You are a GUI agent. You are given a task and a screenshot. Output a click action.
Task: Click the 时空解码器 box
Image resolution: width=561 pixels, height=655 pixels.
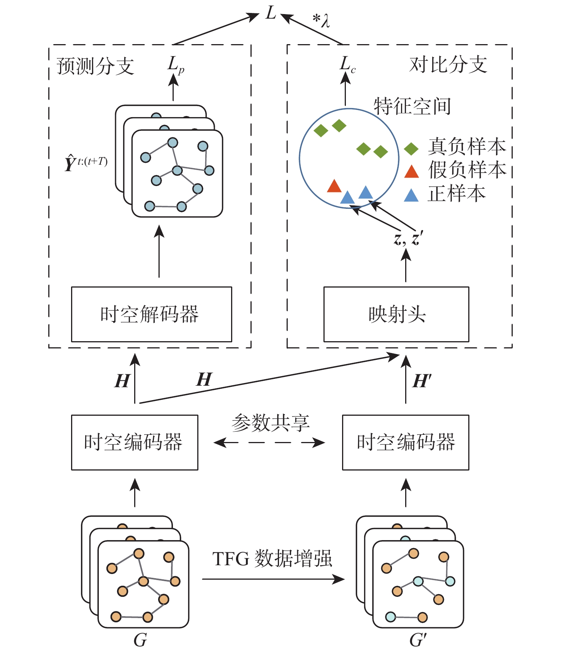[x=151, y=314]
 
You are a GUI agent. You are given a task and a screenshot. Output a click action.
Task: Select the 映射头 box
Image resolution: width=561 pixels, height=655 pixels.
[x=396, y=314]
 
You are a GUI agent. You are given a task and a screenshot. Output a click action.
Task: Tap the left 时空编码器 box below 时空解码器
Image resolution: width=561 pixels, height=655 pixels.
[x=135, y=442]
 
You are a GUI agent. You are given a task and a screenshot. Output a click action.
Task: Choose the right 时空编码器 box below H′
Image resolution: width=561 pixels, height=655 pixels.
[x=406, y=442]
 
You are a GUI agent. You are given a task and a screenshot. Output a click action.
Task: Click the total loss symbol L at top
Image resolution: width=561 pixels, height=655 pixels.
[x=271, y=14]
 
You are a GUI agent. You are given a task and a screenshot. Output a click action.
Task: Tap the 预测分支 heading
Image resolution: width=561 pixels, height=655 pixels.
[x=95, y=66]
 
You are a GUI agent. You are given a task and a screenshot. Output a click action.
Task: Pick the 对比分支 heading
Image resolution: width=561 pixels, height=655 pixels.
[x=448, y=65]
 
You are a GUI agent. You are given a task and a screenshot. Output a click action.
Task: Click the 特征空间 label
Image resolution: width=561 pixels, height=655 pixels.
[x=412, y=106]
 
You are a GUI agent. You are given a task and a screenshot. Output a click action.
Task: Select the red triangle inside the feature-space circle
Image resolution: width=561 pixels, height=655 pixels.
[x=334, y=186]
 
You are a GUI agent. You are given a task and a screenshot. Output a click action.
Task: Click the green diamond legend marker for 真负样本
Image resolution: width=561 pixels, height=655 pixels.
[x=411, y=149]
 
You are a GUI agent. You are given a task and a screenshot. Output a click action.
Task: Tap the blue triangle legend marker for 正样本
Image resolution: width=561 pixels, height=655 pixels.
[x=411, y=196]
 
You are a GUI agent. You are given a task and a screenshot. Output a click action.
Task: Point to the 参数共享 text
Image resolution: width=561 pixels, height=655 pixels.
[x=271, y=423]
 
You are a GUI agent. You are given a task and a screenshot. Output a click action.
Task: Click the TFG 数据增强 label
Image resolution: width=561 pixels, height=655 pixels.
[x=272, y=559]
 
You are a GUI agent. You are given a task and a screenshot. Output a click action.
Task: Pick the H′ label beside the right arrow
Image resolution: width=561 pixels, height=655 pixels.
[x=422, y=381]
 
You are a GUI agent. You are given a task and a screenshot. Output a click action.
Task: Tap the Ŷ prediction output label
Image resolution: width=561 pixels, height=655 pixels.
[x=86, y=164]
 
